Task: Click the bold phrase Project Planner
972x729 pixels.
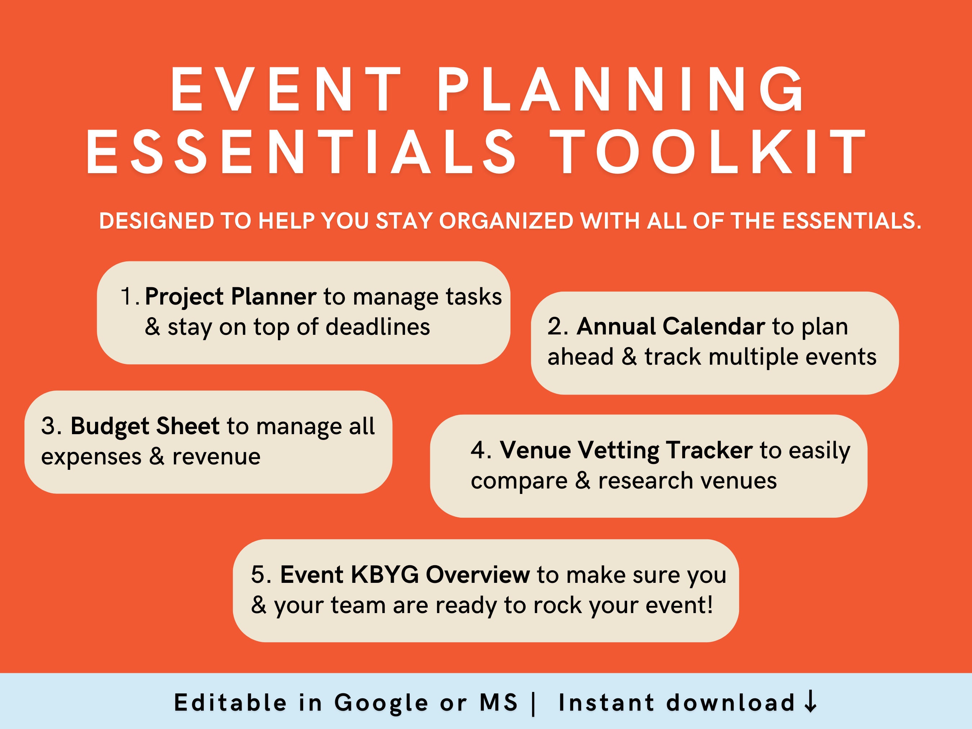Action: pyautogui.click(x=230, y=297)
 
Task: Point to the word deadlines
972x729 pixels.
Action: pyautogui.click(x=378, y=327)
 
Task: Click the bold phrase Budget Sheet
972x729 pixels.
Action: pyautogui.click(x=145, y=426)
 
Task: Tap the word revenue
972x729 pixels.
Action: pyautogui.click(x=216, y=457)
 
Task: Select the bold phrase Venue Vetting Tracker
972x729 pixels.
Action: pyautogui.click(x=626, y=450)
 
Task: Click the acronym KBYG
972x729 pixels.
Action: pyautogui.click(x=384, y=575)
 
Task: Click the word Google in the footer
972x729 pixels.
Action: pyautogui.click(x=381, y=703)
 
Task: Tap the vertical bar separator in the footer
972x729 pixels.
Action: pyautogui.click(x=534, y=703)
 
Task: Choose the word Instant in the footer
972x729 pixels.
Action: pyautogui.click(x=606, y=703)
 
